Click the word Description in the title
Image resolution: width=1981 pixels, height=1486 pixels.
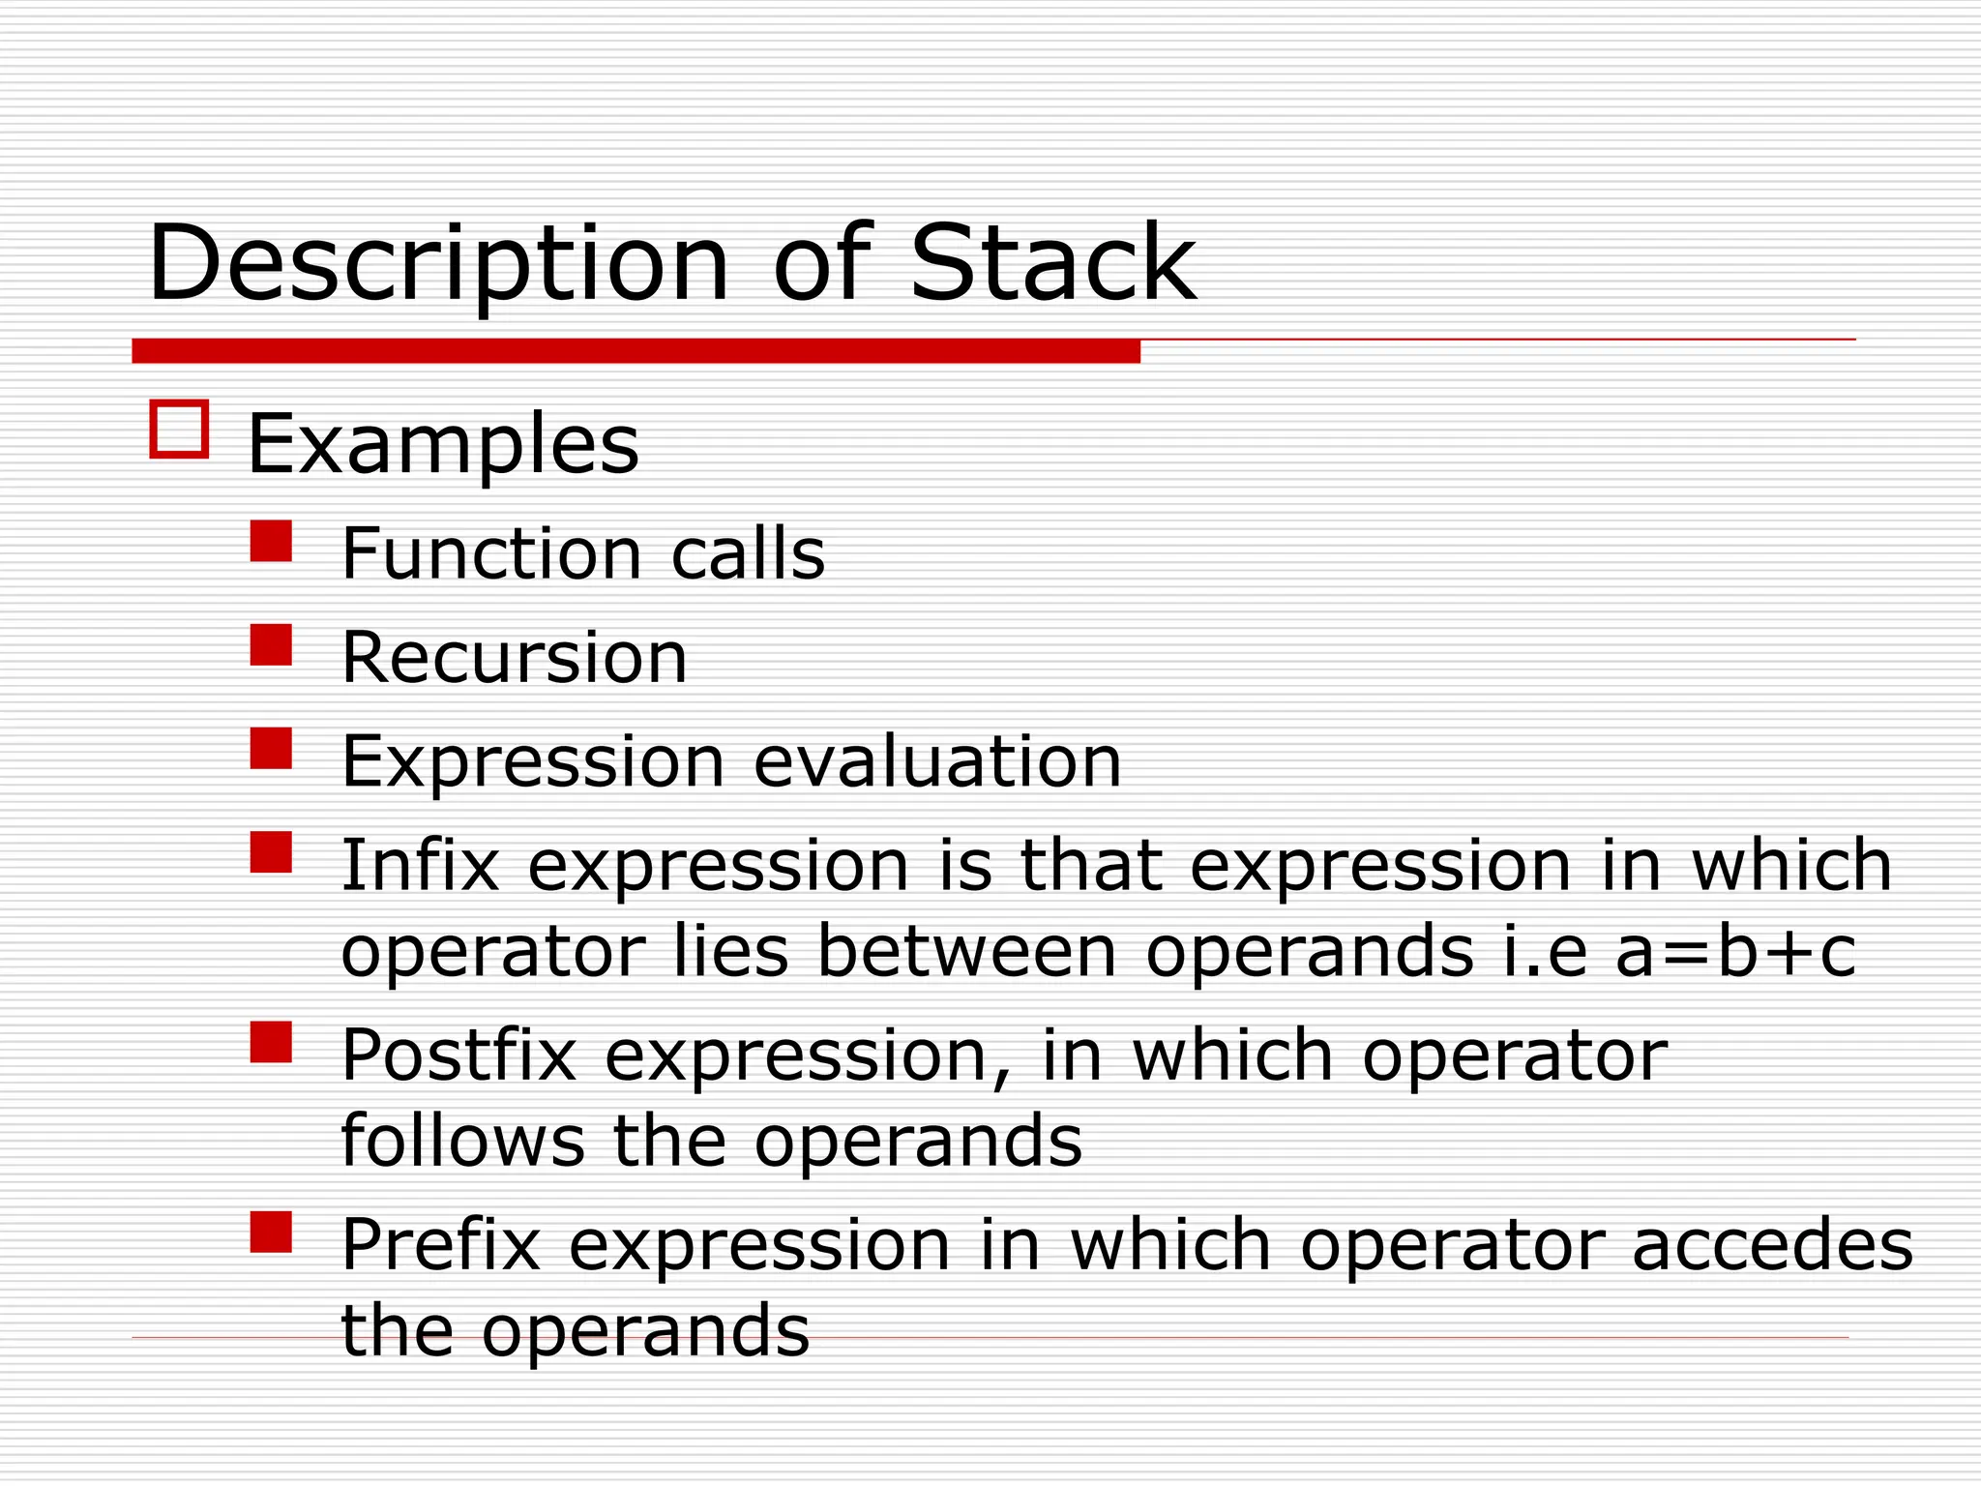[437, 264]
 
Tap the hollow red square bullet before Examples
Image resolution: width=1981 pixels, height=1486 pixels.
[179, 429]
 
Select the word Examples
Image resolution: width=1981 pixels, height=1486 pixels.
[443, 446]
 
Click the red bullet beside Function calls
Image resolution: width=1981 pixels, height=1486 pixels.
[271, 542]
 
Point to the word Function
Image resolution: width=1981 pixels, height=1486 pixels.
[491, 554]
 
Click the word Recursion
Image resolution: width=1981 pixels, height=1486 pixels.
[514, 658]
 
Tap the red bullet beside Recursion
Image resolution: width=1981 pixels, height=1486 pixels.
[271, 645]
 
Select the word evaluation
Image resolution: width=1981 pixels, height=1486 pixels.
[936, 762]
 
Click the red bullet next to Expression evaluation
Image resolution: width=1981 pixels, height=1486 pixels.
[271, 749]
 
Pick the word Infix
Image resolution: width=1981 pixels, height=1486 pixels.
[420, 865]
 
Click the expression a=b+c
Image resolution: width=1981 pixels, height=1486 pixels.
[1735, 952]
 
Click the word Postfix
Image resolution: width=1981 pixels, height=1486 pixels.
[458, 1055]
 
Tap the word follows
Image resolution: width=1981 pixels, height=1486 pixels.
[462, 1142]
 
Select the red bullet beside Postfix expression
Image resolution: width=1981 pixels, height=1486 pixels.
[271, 1043]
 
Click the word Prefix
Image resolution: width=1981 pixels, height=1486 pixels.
[440, 1245]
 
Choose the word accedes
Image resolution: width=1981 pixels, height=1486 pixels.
[1772, 1245]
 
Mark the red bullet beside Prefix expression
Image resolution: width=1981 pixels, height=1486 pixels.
[271, 1233]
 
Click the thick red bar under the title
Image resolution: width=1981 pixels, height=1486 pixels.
[636, 351]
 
